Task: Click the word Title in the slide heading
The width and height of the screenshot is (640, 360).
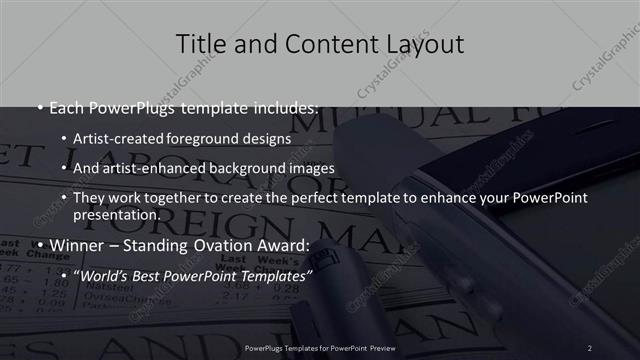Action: (x=199, y=44)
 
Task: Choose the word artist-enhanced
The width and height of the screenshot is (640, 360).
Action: (x=164, y=168)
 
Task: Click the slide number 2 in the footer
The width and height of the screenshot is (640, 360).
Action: (x=590, y=347)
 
